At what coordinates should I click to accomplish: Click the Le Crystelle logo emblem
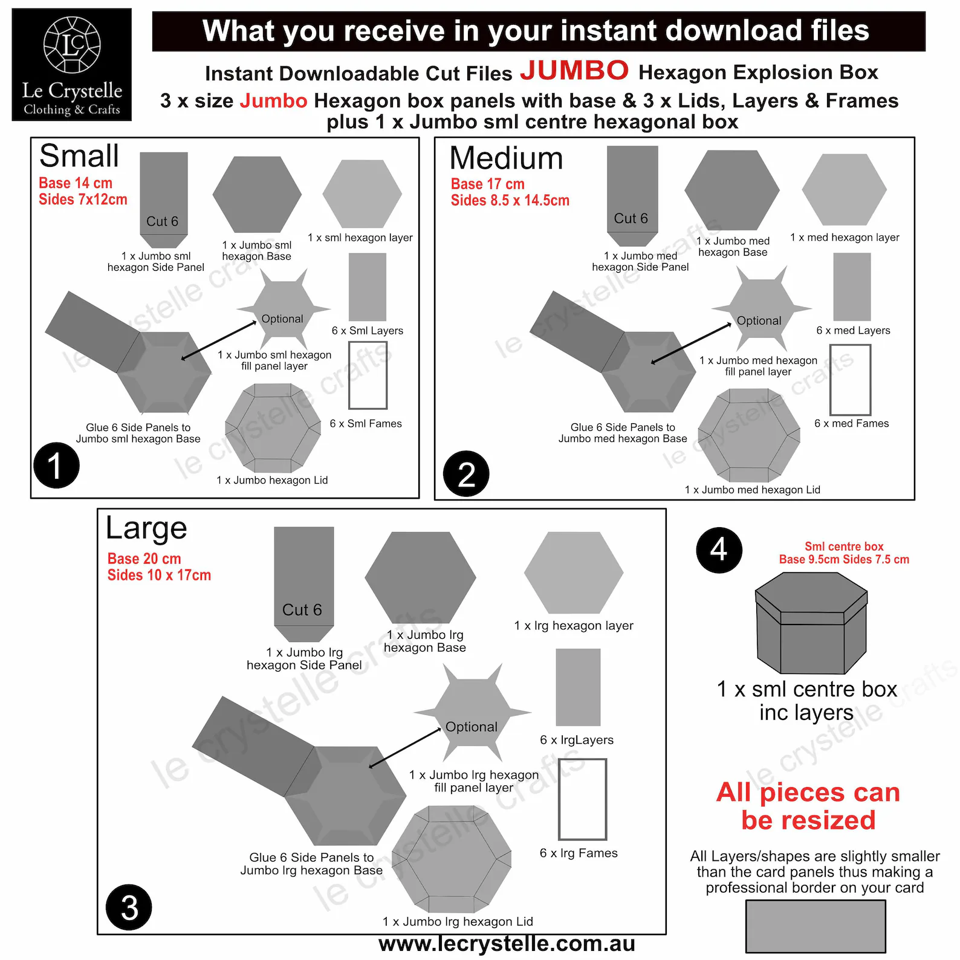click(72, 45)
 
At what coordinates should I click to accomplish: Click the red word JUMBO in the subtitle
click(574, 71)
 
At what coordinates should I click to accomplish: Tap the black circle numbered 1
click(56, 465)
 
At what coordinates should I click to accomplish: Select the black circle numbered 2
click(465, 474)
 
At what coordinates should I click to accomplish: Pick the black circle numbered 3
click(129, 907)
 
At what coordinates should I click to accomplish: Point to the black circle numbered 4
click(719, 550)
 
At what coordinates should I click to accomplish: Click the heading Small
click(79, 156)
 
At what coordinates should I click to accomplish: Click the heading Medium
click(506, 158)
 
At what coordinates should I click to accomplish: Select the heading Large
click(146, 528)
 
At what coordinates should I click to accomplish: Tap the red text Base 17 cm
click(487, 184)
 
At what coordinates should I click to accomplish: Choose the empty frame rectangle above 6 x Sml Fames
click(368, 375)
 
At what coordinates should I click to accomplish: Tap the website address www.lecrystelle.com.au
click(507, 944)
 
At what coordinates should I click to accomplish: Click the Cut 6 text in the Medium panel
click(631, 218)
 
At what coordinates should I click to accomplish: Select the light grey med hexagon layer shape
click(844, 190)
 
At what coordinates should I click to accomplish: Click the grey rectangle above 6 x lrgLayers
click(578, 687)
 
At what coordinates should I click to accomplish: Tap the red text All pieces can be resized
click(808, 806)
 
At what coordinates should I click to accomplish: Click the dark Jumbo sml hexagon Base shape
click(257, 194)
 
